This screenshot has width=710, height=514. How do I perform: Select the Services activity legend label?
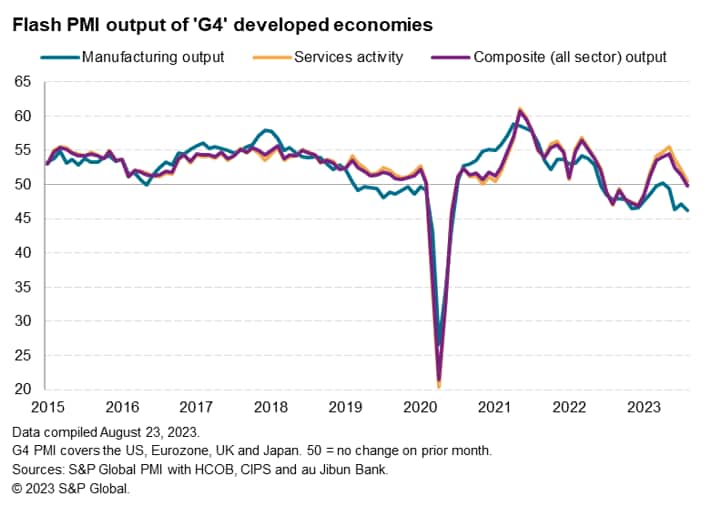[348, 57]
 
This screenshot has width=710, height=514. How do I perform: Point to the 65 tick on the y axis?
[22, 82]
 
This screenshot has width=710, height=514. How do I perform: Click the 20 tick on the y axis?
[22, 389]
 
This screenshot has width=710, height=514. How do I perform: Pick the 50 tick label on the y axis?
[22, 184]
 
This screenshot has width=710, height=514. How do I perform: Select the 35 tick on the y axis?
[22, 287]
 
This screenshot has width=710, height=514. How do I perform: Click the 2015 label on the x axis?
[47, 407]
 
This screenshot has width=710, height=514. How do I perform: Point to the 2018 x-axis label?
[271, 407]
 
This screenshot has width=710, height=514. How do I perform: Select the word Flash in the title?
[35, 23]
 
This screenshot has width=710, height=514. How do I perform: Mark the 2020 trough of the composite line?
[439, 381]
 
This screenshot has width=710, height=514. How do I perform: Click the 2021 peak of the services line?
[520, 109]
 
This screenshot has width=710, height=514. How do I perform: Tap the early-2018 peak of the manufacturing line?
[265, 130]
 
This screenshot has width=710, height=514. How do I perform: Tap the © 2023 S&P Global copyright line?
[71, 489]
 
